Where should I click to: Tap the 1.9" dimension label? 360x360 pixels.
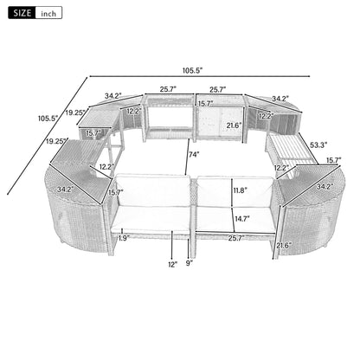(x=124, y=237)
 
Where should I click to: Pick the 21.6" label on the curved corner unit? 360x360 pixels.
(x=283, y=247)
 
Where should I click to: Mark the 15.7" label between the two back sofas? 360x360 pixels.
(x=204, y=104)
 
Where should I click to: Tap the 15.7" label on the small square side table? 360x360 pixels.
(x=93, y=134)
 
